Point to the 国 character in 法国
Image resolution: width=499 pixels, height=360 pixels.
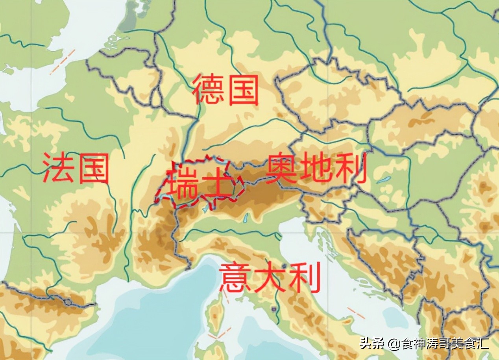click(93, 168)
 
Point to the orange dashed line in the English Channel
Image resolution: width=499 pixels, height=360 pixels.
click(62, 62)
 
